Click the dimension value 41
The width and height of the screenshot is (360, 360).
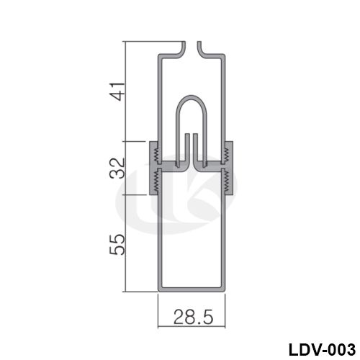[117, 91]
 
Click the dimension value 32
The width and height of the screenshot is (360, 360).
[117, 168]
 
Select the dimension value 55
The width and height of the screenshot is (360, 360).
[117, 244]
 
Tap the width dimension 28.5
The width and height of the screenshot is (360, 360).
[193, 317]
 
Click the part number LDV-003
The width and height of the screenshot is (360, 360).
[322, 350]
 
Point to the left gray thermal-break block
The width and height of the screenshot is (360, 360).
[153, 168]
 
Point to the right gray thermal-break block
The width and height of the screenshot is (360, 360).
[228, 168]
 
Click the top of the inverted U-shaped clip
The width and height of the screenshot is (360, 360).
[192, 96]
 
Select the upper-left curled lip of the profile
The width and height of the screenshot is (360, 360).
[183, 48]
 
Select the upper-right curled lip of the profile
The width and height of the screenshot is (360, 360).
[200, 48]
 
